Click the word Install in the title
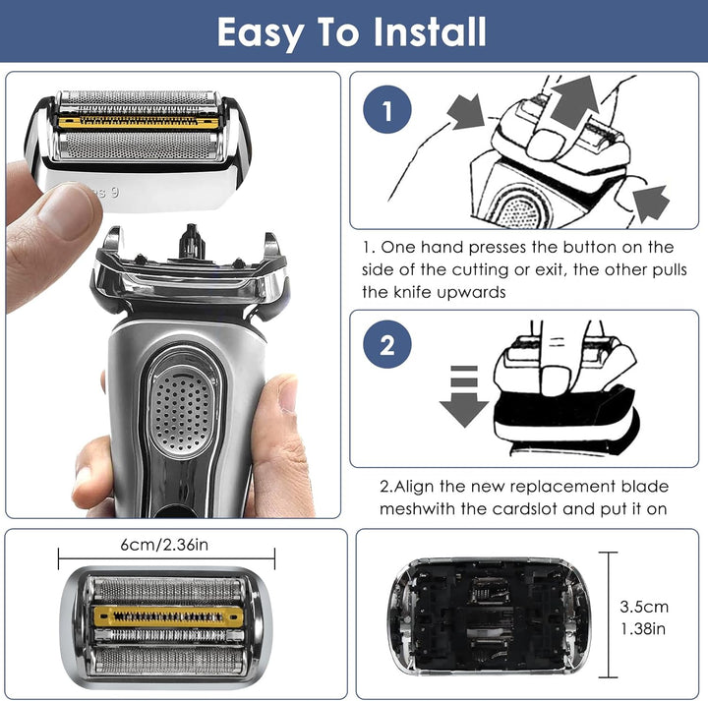[x=430, y=31]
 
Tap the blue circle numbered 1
[x=387, y=109]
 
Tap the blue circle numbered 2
[x=387, y=344]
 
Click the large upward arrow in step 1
[x=574, y=102]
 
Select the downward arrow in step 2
[x=464, y=396]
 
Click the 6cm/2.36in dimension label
[x=164, y=545]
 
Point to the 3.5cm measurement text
[x=644, y=607]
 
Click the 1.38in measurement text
[x=643, y=628]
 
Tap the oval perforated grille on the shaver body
[x=182, y=412]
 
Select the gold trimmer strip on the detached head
[x=139, y=122]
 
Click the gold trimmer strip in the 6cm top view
[x=168, y=616]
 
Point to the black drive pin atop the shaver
[x=192, y=242]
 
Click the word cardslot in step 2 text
[x=525, y=508]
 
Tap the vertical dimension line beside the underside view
[x=609, y=614]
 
